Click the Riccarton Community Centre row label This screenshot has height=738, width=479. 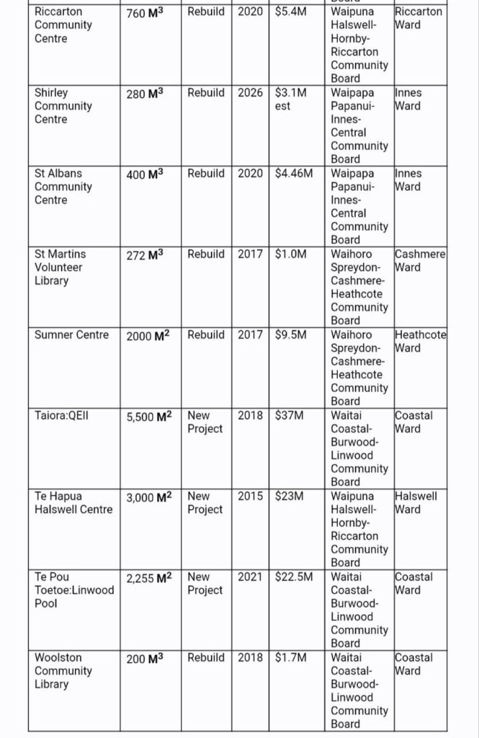(63, 25)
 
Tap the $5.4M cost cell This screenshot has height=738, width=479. (291, 12)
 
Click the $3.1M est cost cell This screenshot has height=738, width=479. (291, 99)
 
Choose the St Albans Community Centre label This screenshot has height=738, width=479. (63, 187)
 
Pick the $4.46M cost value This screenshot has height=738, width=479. (294, 174)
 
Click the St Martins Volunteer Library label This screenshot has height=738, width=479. (60, 267)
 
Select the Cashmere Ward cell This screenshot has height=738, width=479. (421, 261)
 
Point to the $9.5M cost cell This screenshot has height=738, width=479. (291, 335)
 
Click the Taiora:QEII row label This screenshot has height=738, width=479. (61, 416)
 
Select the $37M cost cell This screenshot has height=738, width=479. (289, 416)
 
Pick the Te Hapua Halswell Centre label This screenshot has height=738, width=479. (73, 503)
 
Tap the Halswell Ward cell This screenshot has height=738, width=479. (416, 503)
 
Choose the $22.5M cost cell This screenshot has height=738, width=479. (294, 577)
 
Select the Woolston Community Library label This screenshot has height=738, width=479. (63, 671)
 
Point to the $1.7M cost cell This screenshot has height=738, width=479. (291, 658)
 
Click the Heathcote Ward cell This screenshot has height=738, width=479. (421, 342)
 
